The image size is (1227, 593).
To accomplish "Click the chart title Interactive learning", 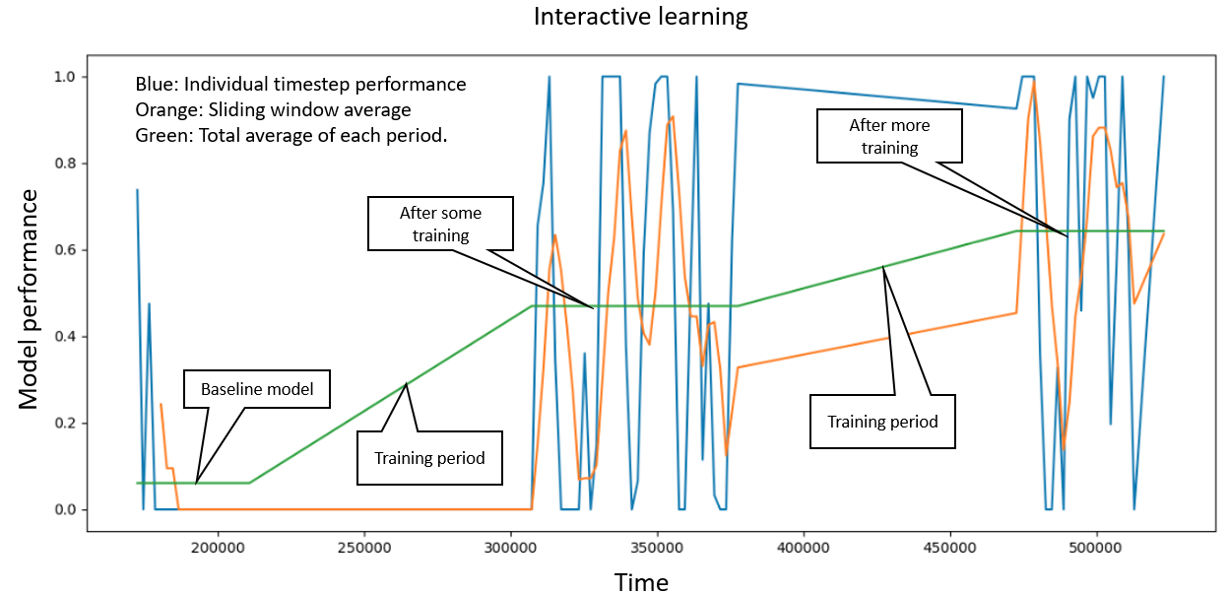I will [x=640, y=17].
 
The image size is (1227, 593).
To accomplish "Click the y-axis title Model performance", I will [x=29, y=298].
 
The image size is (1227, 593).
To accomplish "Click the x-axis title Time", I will [x=641, y=582].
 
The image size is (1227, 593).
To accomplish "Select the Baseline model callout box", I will [x=257, y=389].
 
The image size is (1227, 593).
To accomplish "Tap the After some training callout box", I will [x=441, y=223].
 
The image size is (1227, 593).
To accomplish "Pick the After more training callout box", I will [x=889, y=136].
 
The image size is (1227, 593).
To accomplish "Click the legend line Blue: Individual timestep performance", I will [x=300, y=85].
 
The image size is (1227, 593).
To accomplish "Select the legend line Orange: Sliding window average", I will [x=273, y=109].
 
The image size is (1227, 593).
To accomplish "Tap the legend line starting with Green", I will [x=291, y=135].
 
